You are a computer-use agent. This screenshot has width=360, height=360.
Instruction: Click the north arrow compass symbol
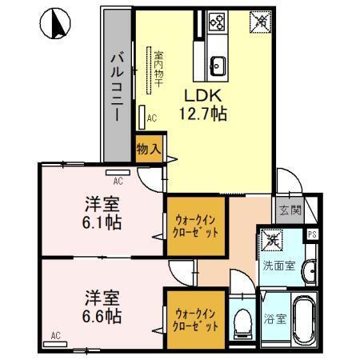click(x=56, y=25)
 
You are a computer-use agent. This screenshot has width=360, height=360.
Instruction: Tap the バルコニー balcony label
click(x=116, y=84)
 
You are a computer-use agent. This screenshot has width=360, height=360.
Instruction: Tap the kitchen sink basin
click(x=218, y=65)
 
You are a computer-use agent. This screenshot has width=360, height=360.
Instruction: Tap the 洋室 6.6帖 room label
click(x=102, y=306)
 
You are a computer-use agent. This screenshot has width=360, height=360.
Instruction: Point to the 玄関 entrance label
click(x=290, y=210)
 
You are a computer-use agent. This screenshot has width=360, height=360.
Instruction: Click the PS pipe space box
click(x=313, y=234)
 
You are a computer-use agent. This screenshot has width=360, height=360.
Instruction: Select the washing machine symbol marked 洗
click(x=274, y=239)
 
